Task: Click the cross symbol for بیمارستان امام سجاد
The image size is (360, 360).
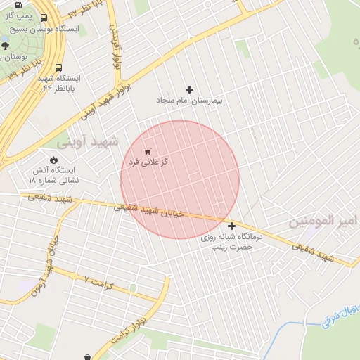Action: [x=189, y=89]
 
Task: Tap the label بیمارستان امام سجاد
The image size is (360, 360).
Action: [x=189, y=101]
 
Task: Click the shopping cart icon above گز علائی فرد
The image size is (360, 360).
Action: [x=147, y=151]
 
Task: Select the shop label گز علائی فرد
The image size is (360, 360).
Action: [x=148, y=162]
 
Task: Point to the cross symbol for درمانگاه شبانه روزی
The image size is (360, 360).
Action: [x=231, y=226]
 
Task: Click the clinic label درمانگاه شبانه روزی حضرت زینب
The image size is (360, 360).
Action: [x=231, y=242]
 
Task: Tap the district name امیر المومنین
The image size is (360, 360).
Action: [x=324, y=222]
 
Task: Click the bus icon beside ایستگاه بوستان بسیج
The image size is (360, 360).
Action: [x=45, y=19]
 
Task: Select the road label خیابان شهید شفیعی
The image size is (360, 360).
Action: [x=148, y=209]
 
